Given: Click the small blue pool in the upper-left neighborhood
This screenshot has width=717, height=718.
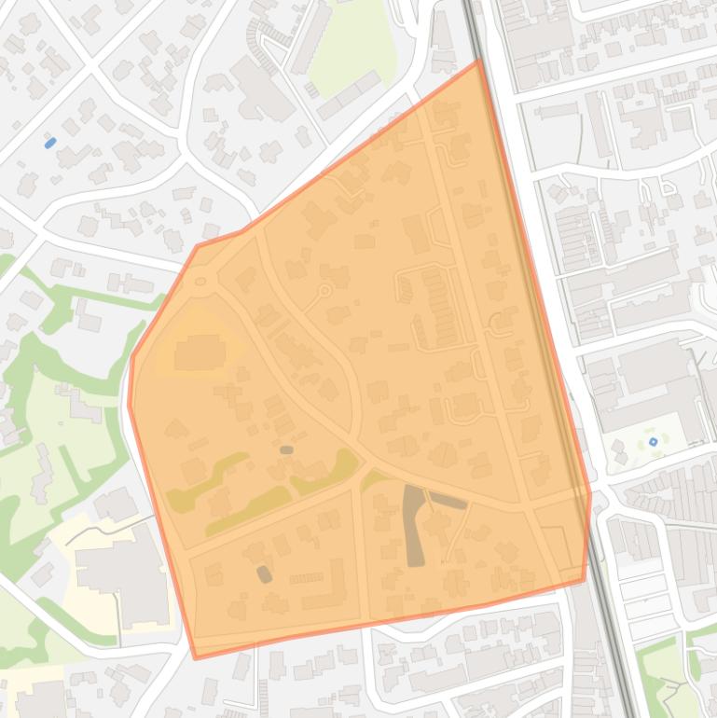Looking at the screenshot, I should coord(50,143).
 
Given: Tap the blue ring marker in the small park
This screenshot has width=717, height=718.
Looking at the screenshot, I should coord(653,441).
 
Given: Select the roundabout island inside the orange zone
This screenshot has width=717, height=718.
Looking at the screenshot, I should coord(200,282).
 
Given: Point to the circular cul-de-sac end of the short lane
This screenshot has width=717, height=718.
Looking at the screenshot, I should coord(324,291).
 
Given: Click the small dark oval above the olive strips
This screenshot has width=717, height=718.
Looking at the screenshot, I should coord(286,450).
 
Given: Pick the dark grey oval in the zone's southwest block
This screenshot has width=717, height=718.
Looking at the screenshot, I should coord(265,573).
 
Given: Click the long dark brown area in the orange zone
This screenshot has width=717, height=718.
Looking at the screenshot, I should coord(413,525).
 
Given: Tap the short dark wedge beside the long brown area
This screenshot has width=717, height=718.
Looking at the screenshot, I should coord(448,502).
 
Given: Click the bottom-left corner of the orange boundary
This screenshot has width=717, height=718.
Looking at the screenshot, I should coord(196,657).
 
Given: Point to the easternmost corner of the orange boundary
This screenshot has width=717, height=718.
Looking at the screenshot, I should coord(590,493).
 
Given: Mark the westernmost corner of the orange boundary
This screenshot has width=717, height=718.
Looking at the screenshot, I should coord(129,406).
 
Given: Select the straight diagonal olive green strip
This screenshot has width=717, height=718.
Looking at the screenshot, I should coord(248,511).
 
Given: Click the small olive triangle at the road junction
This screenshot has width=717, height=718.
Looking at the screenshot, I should coord(373,478).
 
